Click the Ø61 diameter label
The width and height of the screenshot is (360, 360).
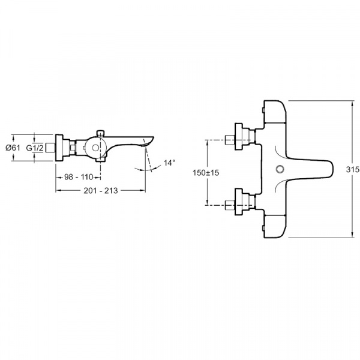tap(13, 148)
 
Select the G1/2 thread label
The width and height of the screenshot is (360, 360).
tap(35, 148)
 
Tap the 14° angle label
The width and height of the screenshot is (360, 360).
tap(169, 163)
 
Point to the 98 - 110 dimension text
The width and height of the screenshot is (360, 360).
tap(79, 177)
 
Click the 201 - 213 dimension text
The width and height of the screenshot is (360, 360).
tap(101, 191)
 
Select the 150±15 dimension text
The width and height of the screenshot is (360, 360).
tap(206, 173)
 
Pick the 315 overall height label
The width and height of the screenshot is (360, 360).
tap(353, 169)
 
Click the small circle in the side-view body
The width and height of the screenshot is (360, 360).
tap(95, 148)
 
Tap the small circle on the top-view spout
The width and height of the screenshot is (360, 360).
tap(280, 169)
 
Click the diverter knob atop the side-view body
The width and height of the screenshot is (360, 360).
tap(100, 133)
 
